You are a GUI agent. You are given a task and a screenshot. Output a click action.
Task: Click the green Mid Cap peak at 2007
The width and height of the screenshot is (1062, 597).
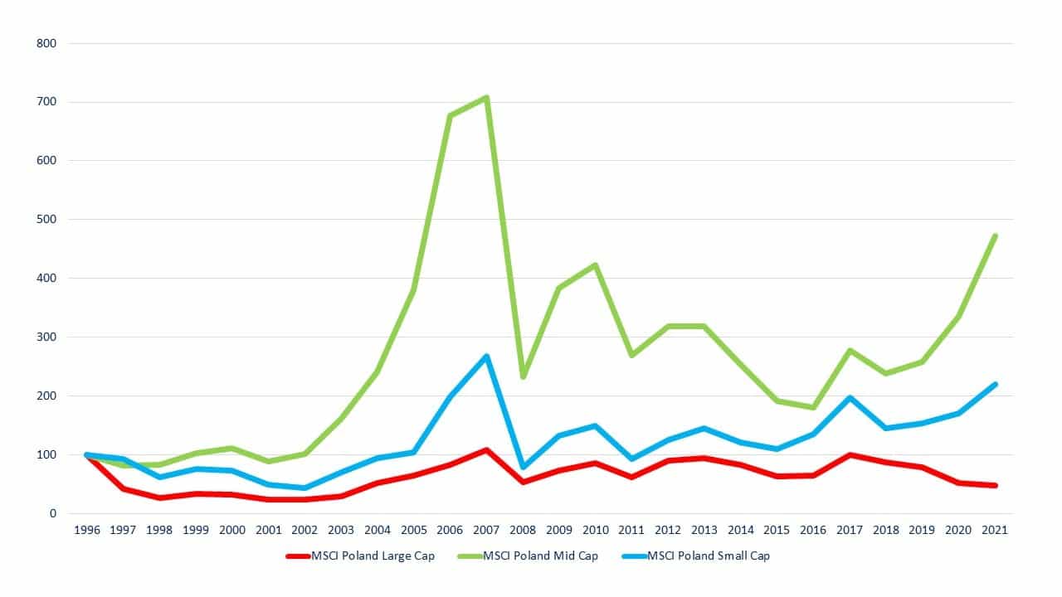click(486, 98)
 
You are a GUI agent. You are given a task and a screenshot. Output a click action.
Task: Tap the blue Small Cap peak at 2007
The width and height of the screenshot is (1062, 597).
click(486, 357)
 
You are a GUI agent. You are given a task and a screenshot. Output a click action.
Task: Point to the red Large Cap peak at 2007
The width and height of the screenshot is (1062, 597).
click(486, 450)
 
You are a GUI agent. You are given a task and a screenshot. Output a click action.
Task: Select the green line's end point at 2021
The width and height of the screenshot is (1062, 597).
click(995, 236)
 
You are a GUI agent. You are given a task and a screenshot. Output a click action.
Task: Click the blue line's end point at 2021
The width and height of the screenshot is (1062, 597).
click(995, 385)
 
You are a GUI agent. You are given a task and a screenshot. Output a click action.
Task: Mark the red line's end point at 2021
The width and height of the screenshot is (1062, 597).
click(995, 485)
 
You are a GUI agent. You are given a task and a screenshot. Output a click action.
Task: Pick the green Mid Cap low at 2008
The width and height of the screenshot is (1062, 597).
click(524, 376)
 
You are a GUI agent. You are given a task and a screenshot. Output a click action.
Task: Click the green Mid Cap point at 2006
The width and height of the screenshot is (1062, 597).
click(450, 116)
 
